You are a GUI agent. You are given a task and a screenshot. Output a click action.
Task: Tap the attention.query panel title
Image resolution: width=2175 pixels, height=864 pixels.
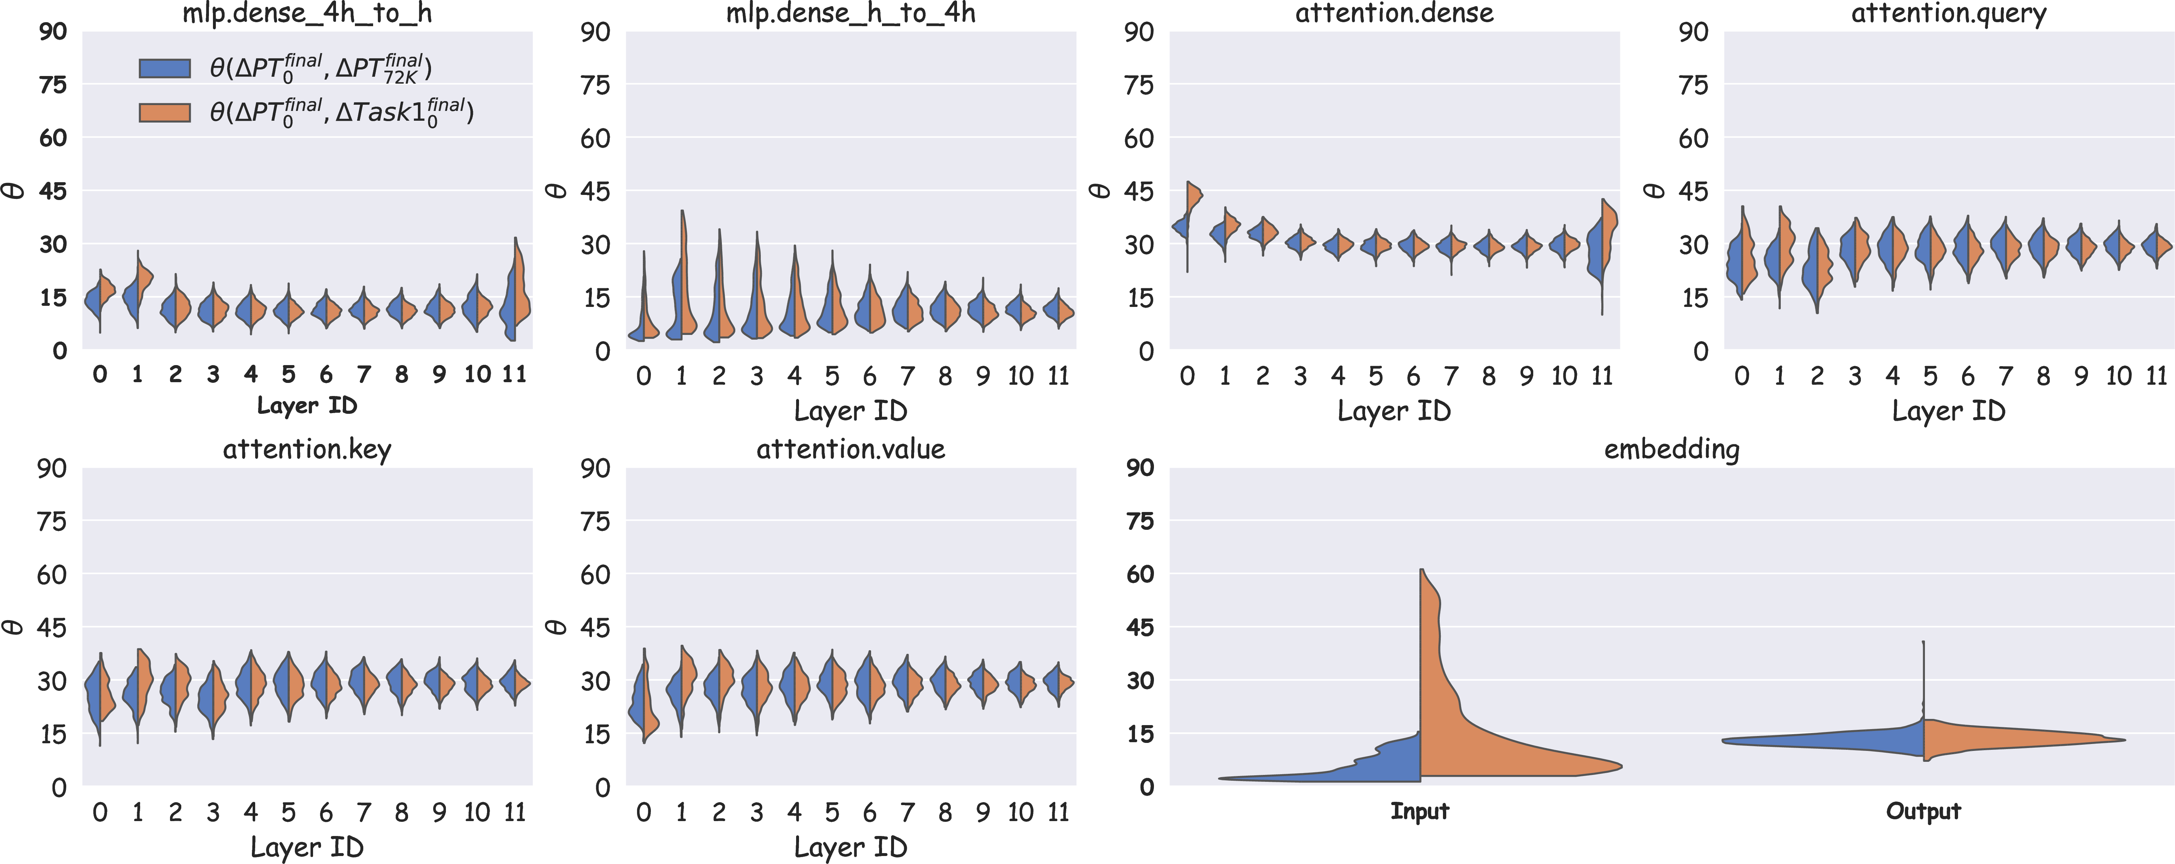[1949, 13]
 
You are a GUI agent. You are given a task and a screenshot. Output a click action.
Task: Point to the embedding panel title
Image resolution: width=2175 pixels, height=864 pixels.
[1672, 450]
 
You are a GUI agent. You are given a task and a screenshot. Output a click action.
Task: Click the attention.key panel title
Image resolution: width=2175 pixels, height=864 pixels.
[307, 450]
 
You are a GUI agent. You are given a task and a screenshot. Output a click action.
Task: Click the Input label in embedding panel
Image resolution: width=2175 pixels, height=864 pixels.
[1420, 812]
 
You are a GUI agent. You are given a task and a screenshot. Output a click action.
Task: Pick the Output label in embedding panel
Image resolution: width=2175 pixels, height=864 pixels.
[1923, 812]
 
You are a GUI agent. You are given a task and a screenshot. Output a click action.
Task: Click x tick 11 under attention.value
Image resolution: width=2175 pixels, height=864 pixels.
[1059, 812]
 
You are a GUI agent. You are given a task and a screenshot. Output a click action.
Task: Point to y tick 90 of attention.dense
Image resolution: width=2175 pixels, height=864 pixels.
[1138, 32]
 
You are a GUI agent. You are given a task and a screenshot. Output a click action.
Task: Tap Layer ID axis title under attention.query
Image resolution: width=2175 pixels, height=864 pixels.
[1949, 411]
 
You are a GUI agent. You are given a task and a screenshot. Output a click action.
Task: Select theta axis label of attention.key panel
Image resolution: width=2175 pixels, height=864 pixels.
[14, 627]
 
